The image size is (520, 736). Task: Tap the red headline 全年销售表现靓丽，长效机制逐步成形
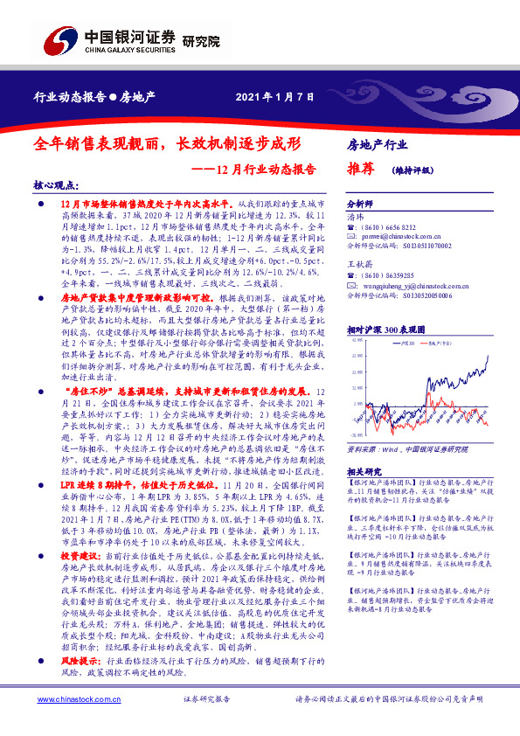click(168, 142)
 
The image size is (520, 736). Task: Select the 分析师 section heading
click(360, 200)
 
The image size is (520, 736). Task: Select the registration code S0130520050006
click(427, 296)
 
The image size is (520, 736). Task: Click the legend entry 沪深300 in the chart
click(406, 344)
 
